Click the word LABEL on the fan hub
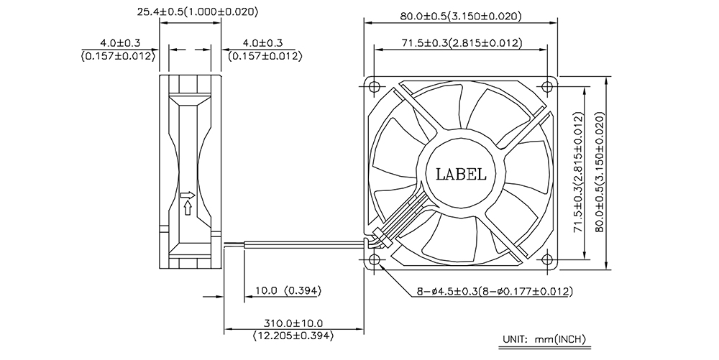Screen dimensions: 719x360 pyautogui.click(x=460, y=174)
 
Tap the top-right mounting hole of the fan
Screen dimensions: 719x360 pyautogui.click(x=547, y=86)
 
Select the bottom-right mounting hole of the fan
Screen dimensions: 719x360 pyautogui.click(x=547, y=259)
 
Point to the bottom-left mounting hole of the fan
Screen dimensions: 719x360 pyautogui.click(x=375, y=259)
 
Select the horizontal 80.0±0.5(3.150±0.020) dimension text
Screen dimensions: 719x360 pyautogui.click(x=461, y=17)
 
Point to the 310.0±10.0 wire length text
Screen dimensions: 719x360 pyautogui.click(x=293, y=324)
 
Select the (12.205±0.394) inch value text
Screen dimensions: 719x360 pyautogui.click(x=293, y=336)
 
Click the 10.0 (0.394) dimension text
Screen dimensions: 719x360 pyautogui.click(x=288, y=290)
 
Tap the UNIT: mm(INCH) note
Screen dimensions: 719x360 pyautogui.click(x=545, y=340)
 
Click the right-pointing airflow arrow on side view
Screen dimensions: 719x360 pyautogui.click(x=187, y=195)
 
